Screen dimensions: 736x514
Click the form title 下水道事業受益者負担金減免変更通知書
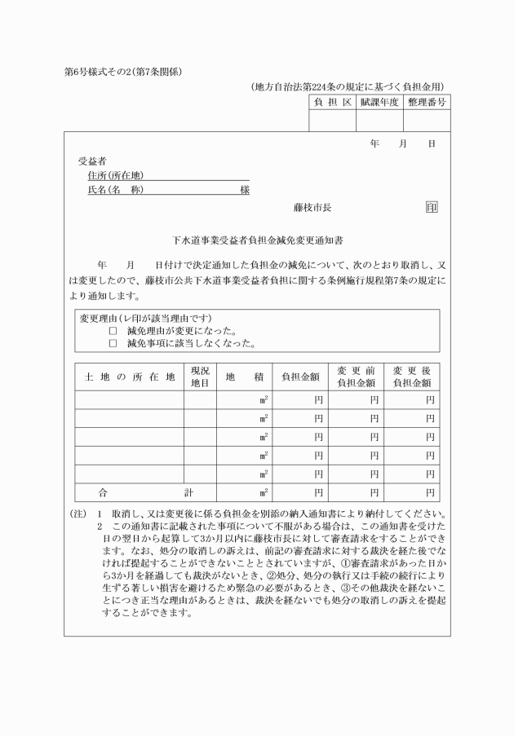[258, 241]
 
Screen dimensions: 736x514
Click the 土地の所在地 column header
[130, 377]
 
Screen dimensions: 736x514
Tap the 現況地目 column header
[200, 377]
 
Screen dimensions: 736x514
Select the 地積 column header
[244, 377]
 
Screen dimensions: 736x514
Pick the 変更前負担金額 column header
[356, 377]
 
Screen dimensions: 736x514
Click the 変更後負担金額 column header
[412, 377]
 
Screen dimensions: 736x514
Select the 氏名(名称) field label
[115, 190]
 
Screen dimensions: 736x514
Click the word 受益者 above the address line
[91, 161]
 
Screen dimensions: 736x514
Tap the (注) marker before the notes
[78, 514]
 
